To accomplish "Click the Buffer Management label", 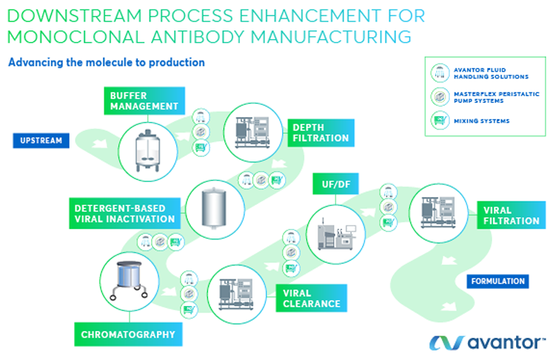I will [144, 101].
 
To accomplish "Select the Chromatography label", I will [129, 334].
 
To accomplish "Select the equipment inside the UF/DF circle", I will [335, 233].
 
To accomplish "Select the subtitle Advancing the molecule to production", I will [106, 63].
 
